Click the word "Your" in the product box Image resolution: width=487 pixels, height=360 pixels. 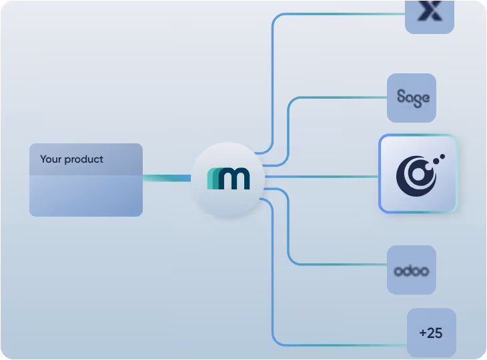(51, 159)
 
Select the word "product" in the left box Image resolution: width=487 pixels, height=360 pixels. (84, 160)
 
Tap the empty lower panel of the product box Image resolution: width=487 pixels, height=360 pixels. (85, 196)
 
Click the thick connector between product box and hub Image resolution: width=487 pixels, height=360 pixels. (167, 178)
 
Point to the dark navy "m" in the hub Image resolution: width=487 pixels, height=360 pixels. (234, 179)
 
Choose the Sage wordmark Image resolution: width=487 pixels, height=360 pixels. (412, 97)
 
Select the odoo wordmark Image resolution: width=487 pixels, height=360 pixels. (411, 271)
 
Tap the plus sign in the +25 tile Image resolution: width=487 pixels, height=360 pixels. (423, 333)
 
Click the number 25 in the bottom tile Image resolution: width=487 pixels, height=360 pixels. (435, 333)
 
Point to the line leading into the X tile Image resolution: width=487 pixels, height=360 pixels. (334, 14)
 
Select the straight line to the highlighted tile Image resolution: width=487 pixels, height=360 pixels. (320, 177)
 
